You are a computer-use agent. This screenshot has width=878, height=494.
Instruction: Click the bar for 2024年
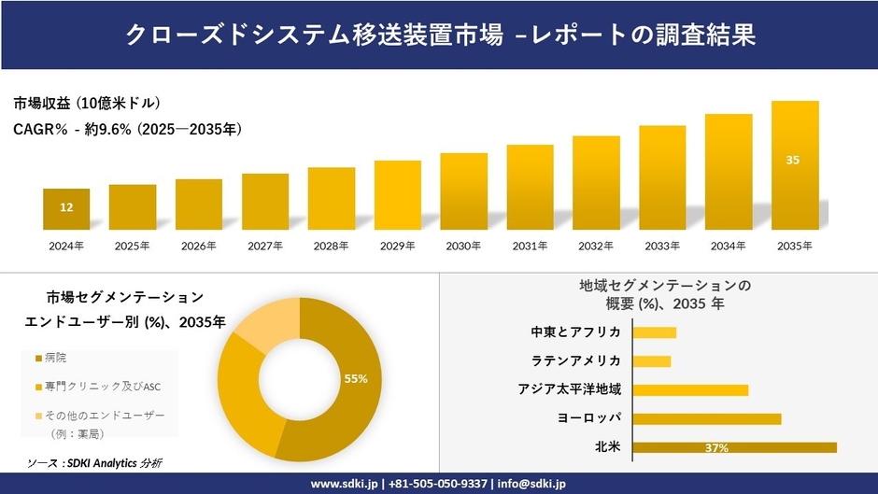click(x=66, y=209)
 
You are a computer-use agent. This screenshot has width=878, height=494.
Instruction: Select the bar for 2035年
click(x=794, y=165)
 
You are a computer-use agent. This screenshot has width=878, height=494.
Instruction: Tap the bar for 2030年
click(x=463, y=191)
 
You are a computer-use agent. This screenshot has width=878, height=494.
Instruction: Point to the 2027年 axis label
click(x=265, y=246)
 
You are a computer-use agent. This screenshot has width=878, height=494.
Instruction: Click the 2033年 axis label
click(x=661, y=246)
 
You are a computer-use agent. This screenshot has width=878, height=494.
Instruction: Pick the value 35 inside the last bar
click(x=793, y=160)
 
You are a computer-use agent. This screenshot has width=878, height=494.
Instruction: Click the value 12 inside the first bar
click(x=66, y=207)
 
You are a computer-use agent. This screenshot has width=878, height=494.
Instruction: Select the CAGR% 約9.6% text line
click(x=128, y=130)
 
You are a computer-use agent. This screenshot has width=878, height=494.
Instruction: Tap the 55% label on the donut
click(x=356, y=378)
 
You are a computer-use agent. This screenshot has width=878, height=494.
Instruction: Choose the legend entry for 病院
click(x=56, y=358)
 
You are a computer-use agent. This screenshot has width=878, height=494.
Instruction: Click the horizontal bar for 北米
click(x=734, y=447)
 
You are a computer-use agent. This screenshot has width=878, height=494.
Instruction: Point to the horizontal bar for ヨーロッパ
click(x=706, y=418)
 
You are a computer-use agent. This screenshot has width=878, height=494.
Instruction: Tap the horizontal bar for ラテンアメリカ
click(x=652, y=361)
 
